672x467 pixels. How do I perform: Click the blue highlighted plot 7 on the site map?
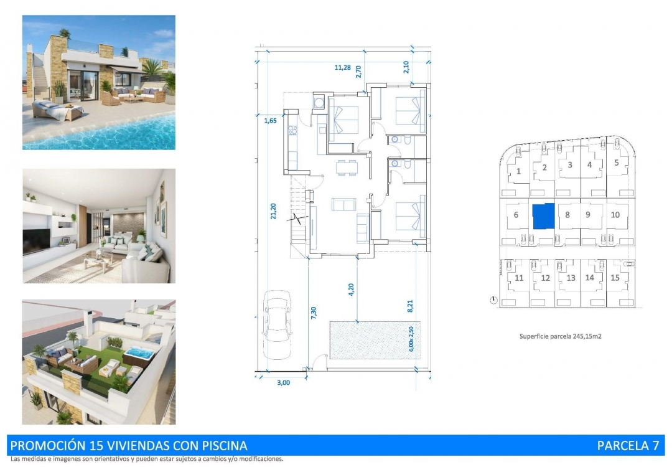pos(543,215)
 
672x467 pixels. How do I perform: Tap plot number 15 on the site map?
pos(615,278)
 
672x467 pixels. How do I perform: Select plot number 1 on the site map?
pos(518,171)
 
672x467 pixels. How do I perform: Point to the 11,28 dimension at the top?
pos(342,68)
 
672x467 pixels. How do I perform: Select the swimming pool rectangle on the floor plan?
pos(375,340)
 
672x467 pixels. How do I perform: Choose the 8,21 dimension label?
pos(410,306)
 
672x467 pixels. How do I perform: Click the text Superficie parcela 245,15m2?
pos(560,336)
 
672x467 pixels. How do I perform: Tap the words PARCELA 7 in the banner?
pos(627,445)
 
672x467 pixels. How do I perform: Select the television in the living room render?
pos(37,239)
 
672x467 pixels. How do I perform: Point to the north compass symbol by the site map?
pos(494,301)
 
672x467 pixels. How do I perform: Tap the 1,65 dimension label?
pos(269,120)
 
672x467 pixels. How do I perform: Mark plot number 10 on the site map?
pos(615,215)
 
